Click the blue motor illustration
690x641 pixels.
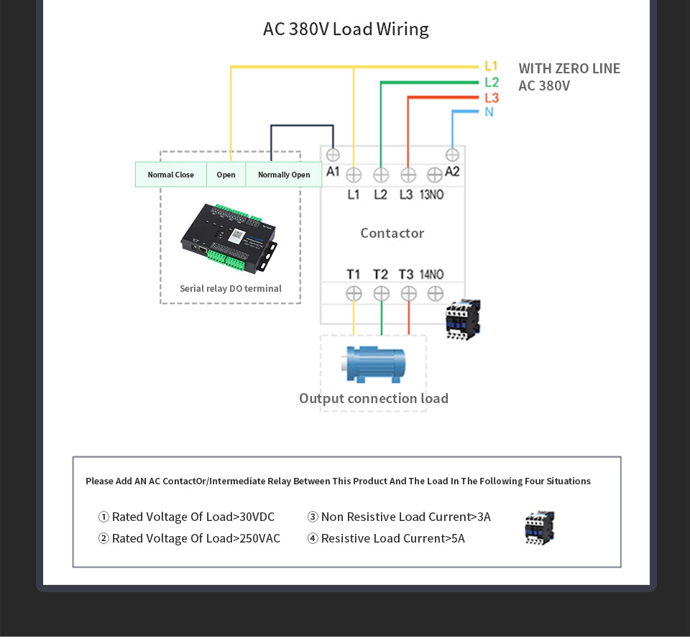(x=374, y=364)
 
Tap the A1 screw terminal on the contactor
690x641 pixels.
(x=333, y=155)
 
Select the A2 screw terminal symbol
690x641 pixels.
(x=452, y=155)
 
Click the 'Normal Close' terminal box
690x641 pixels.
(x=171, y=175)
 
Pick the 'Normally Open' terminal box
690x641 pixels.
(x=284, y=175)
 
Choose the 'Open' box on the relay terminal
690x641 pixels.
(x=226, y=175)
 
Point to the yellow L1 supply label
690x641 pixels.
(x=491, y=66)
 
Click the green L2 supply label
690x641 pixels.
(x=492, y=82)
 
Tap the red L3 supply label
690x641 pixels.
(x=492, y=98)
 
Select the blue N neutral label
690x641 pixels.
(x=489, y=112)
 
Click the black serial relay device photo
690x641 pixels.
(x=229, y=238)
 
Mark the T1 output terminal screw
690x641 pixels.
(x=354, y=293)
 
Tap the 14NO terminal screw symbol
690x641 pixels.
(x=436, y=293)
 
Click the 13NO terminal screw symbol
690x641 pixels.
(x=435, y=175)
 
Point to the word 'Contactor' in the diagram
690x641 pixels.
(x=392, y=233)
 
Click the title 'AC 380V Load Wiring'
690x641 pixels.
(x=346, y=29)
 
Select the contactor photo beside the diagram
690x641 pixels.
(x=463, y=319)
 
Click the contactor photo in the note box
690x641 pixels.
(x=540, y=528)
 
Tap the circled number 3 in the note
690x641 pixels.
(x=313, y=517)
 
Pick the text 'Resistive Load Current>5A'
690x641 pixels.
(x=393, y=538)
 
